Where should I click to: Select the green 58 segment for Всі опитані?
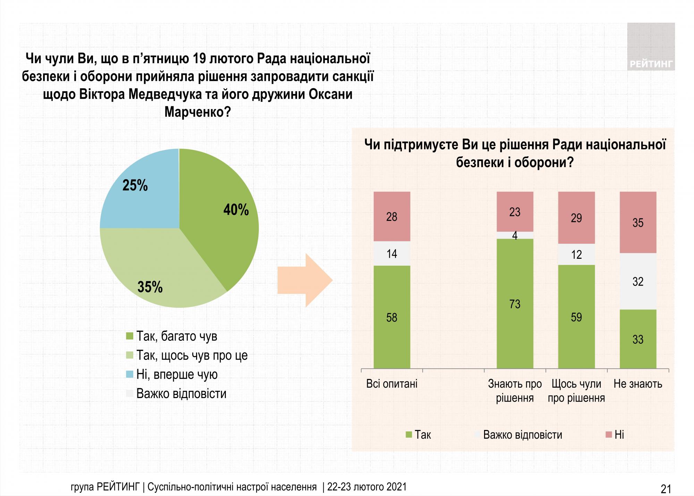pyautogui.click(x=392, y=317)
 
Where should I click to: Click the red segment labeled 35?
pyautogui.click(x=638, y=222)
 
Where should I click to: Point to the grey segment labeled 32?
pyautogui.click(x=638, y=281)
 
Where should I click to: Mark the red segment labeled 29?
pyautogui.click(x=576, y=218)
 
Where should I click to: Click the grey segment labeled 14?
pyautogui.click(x=392, y=254)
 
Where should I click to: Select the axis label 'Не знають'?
pyautogui.click(x=638, y=384)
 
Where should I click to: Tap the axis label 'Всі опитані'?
pyautogui.click(x=392, y=384)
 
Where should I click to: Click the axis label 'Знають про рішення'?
pyautogui.click(x=515, y=390)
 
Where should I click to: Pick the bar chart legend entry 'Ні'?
pyautogui.click(x=619, y=435)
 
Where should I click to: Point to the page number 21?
pyautogui.click(x=666, y=489)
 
